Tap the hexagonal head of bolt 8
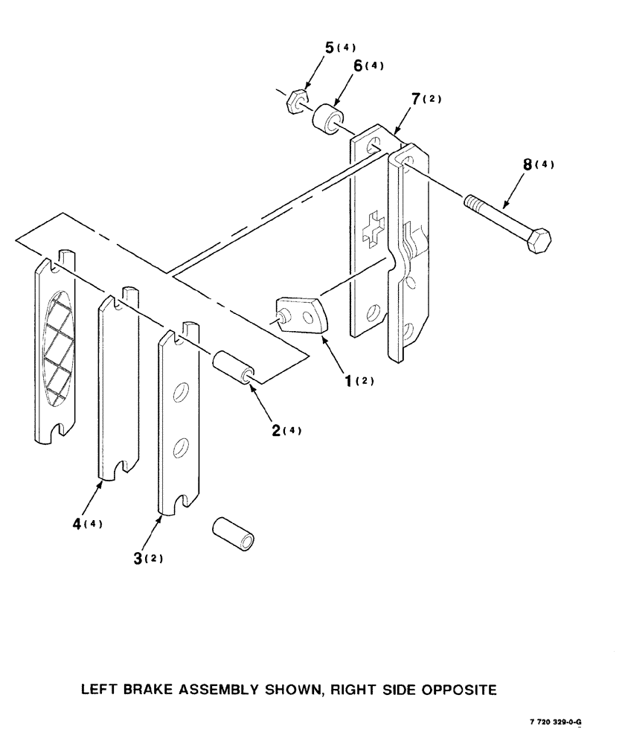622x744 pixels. pyautogui.click(x=539, y=242)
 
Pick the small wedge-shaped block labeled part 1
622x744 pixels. pyautogui.click(x=302, y=315)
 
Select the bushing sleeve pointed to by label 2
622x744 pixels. pyautogui.click(x=233, y=367)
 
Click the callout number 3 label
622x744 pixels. pyautogui.click(x=138, y=558)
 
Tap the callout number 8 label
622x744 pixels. pyautogui.click(x=528, y=165)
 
